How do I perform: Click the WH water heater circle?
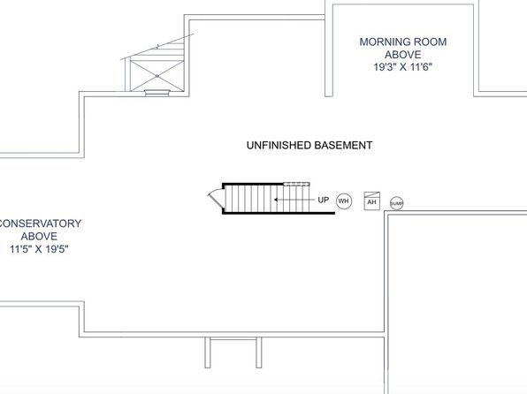point(343,201)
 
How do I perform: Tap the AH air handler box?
point(371,201)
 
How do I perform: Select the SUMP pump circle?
point(397,203)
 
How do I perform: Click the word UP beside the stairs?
point(324,200)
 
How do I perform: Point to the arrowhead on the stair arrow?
point(276,200)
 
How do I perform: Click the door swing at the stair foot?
point(216,197)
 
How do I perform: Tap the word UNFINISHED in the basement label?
point(279,145)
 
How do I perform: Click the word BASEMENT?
point(343,145)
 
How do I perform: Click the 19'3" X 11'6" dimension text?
point(402,67)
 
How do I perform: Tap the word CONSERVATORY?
point(40,224)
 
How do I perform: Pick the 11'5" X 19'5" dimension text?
point(39,249)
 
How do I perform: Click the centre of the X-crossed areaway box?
point(157,76)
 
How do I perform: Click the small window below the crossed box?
point(157,93)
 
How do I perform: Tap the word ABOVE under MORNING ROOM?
point(403,55)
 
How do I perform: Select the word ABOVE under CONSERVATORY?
point(39,236)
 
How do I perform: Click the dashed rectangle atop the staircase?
point(296,184)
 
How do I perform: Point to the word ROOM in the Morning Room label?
point(430,42)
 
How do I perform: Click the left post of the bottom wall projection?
point(208,352)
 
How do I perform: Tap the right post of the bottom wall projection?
point(259,352)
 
